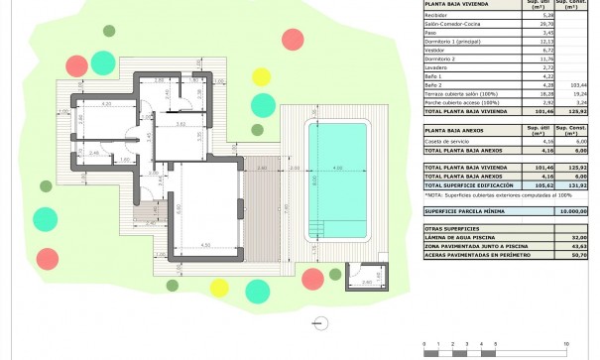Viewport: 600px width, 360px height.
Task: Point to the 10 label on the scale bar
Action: coord(565,341)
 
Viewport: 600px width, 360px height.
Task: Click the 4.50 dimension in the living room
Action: coord(204,244)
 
